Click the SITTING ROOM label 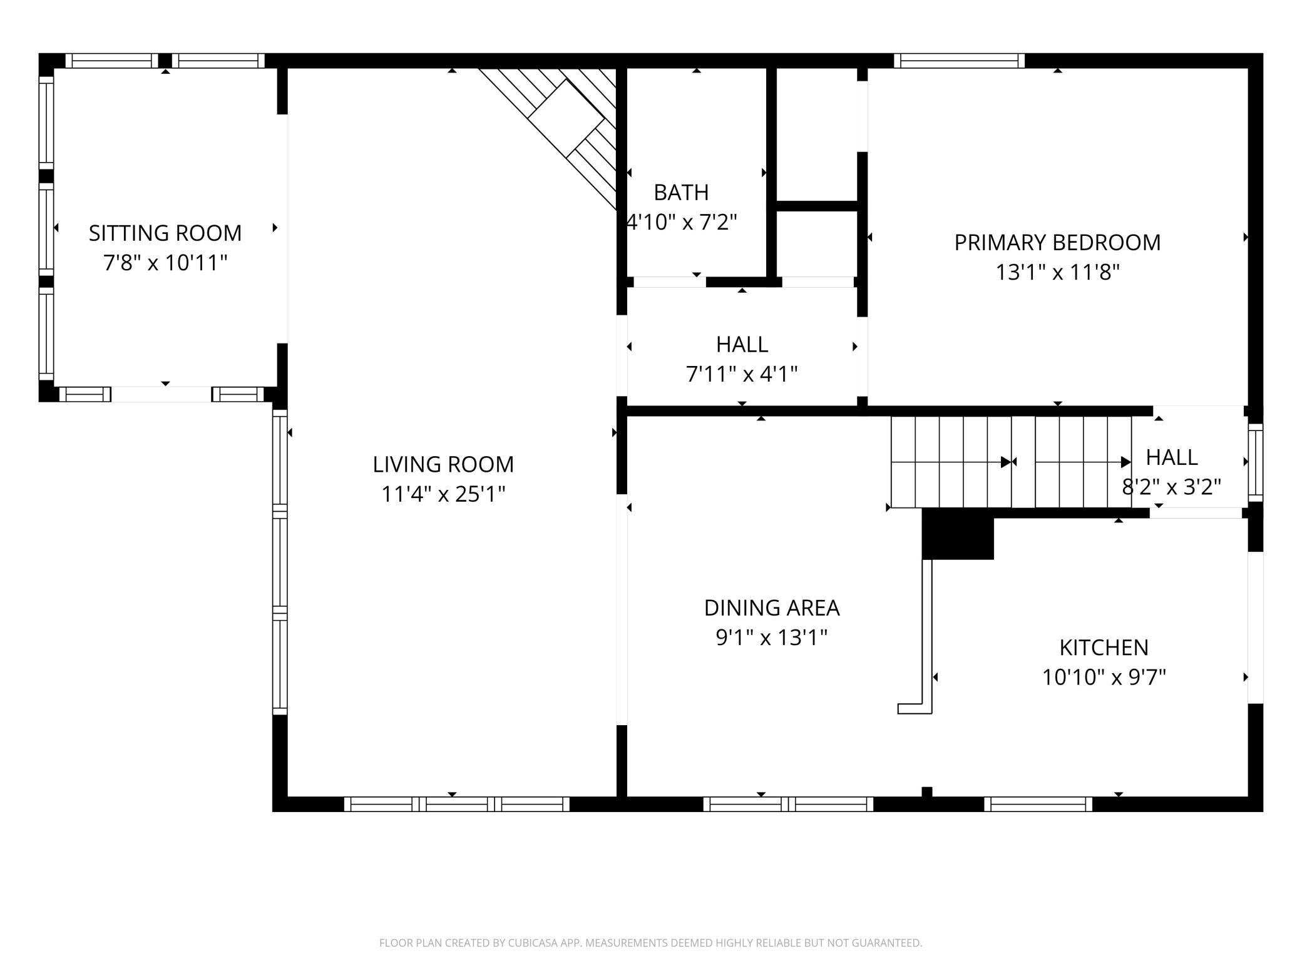click(165, 233)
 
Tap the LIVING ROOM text click(443, 464)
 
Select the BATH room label click(681, 192)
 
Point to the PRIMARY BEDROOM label click(1057, 242)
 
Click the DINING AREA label click(772, 607)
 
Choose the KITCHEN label click(1104, 648)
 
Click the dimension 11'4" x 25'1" click(443, 494)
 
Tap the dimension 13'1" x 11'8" click(1057, 272)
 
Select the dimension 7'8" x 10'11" click(165, 263)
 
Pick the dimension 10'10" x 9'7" click(1104, 677)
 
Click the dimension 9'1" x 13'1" click(772, 638)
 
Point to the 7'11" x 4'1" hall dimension click(742, 374)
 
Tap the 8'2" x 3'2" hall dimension click(1171, 487)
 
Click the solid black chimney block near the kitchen click(958, 534)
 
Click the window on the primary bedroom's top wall click(959, 61)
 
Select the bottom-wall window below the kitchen click(1038, 804)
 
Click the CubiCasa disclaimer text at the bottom click(650, 943)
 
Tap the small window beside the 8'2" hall click(1256, 462)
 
